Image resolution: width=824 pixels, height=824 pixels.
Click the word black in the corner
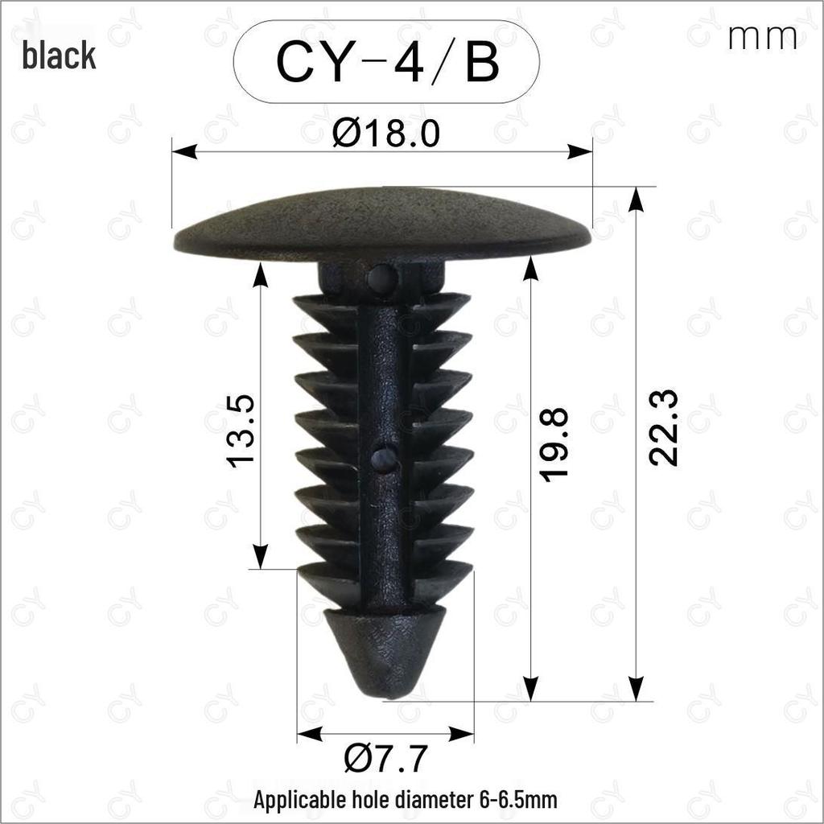[59, 56]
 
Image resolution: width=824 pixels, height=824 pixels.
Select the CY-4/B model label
[387, 62]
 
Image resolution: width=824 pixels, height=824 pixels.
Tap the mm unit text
[763, 37]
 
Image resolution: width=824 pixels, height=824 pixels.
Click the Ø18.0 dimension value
[386, 134]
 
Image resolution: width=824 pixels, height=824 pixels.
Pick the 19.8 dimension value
[554, 444]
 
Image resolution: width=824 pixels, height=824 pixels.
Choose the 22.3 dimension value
[663, 428]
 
